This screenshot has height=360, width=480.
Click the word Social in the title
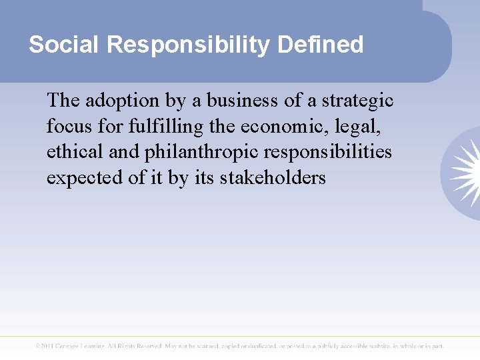[x=63, y=45]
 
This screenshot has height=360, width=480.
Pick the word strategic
[x=357, y=100]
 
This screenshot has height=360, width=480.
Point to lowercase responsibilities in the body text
[x=328, y=153]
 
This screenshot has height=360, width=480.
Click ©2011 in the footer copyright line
[x=47, y=346]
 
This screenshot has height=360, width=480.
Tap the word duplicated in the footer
[x=254, y=346]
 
